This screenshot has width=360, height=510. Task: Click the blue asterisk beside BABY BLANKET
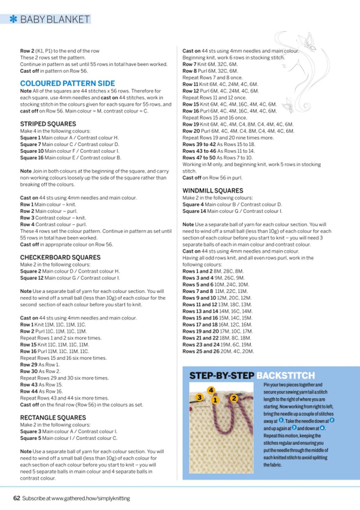pos(13,19)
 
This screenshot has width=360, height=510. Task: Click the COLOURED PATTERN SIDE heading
pos(67,83)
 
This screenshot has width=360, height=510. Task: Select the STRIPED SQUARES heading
pos(48,124)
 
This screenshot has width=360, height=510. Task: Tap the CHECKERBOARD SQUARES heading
pos(60,258)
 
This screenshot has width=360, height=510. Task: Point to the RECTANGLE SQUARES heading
pos(53,418)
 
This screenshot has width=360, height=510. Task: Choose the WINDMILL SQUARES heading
pos(213,191)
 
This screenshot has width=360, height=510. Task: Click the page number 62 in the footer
pos(17,498)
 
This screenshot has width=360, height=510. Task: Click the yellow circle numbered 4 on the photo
pos(211,390)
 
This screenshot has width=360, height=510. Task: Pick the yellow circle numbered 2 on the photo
pos(234,398)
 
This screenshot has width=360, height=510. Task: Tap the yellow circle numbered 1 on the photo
pos(215,400)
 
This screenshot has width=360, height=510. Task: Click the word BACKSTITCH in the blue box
pos(286,376)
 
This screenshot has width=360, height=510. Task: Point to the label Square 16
pos(32,158)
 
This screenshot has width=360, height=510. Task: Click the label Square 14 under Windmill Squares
pos(194,211)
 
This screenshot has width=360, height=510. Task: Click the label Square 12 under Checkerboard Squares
pos(32,278)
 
